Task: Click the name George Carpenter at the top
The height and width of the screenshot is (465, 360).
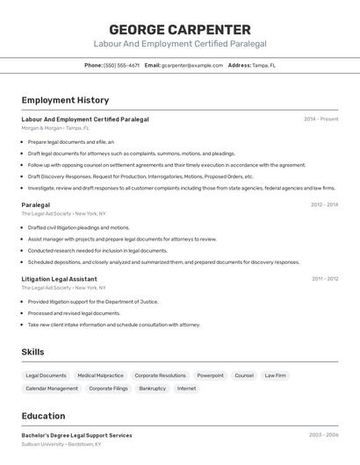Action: pyautogui.click(x=180, y=30)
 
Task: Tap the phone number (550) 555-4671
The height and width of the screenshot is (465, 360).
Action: pyautogui.click(x=121, y=65)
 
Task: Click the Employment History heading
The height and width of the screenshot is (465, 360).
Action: pyautogui.click(x=65, y=100)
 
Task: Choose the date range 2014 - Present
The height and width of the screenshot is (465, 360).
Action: pyautogui.click(x=320, y=119)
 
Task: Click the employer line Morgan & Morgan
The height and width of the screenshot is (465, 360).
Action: pyautogui.click(x=55, y=128)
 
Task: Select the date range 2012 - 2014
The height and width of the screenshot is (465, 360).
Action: pyautogui.click(x=324, y=204)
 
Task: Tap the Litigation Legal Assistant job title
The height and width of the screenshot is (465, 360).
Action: pyautogui.click(x=59, y=279)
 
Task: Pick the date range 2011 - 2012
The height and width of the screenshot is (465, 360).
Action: pyautogui.click(x=324, y=279)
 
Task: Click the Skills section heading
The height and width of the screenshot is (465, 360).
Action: pyautogui.click(x=33, y=352)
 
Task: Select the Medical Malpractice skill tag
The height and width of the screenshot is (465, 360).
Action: pyautogui.click(x=100, y=376)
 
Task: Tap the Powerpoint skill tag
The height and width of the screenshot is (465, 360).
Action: pyautogui.click(x=210, y=376)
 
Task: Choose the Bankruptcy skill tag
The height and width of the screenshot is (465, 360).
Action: pyautogui.click(x=152, y=389)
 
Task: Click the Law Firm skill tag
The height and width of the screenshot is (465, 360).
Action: pyautogui.click(x=275, y=376)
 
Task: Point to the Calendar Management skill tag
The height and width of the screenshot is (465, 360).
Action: pyautogui.click(x=52, y=389)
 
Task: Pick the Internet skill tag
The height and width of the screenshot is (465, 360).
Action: pyautogui.click(x=186, y=389)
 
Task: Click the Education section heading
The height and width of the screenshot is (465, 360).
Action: pyautogui.click(x=43, y=416)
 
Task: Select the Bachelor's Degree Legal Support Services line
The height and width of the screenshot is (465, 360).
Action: pyautogui.click(x=76, y=435)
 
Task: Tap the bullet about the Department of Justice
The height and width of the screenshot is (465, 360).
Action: pyautogui.click(x=93, y=302)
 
